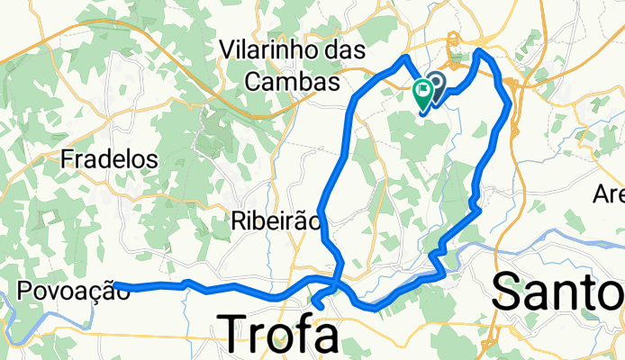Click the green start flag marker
point(422,92)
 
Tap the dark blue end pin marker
point(436,85)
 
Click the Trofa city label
point(281,333)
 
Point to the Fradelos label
point(109,160)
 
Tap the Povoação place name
point(67,290)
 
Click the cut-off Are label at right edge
point(609,193)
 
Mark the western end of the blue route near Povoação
point(117,286)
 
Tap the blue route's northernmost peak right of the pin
point(479,52)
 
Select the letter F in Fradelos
point(67,160)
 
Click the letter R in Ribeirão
point(238,220)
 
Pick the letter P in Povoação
point(25,290)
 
